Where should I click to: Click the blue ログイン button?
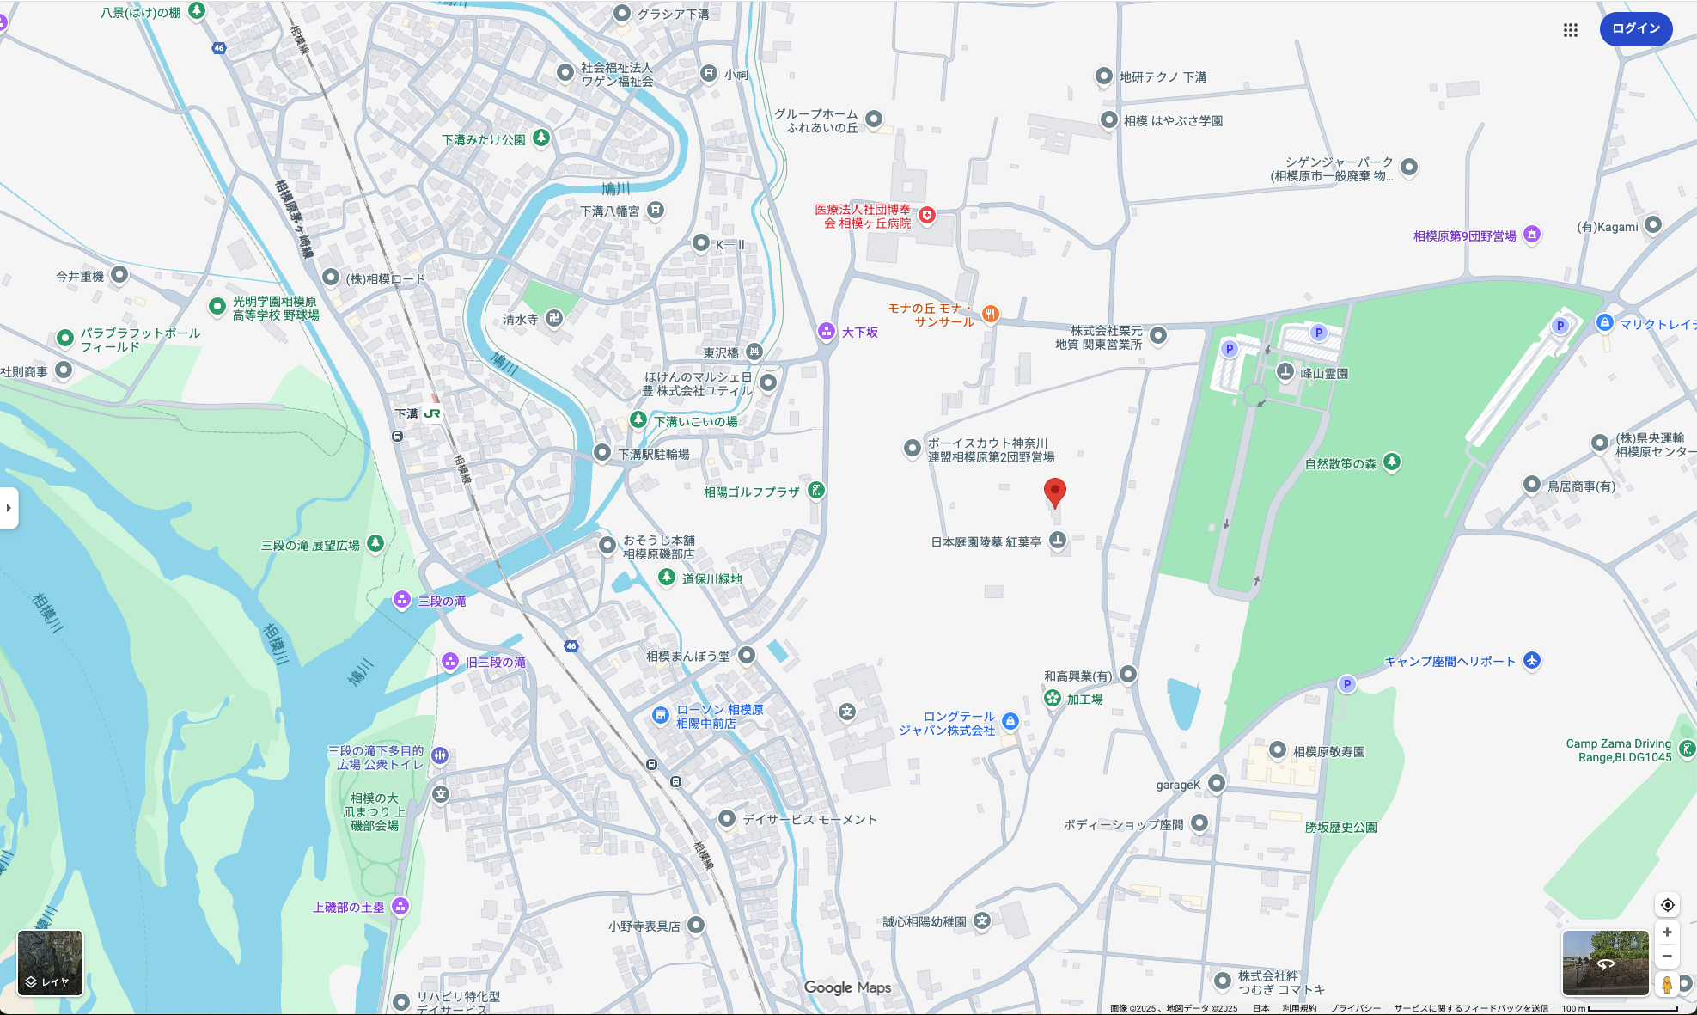pyautogui.click(x=1635, y=28)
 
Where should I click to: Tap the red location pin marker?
pyautogui.click(x=1054, y=492)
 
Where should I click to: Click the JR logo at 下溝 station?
pyautogui.click(x=432, y=413)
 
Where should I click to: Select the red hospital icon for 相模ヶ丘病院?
pyautogui.click(x=926, y=215)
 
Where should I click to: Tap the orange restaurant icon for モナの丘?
pyautogui.click(x=990, y=314)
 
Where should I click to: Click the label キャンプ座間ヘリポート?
pyautogui.click(x=1450, y=661)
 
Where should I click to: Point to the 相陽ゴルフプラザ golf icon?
pyautogui.click(x=816, y=491)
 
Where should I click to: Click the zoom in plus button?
pyautogui.click(x=1667, y=932)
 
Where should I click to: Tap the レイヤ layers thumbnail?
pyautogui.click(x=51, y=963)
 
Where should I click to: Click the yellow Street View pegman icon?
pyautogui.click(x=1667, y=984)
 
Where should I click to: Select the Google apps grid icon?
pyautogui.click(x=1570, y=30)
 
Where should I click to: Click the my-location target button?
pyautogui.click(x=1667, y=905)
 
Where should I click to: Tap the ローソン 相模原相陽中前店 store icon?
pyautogui.click(x=660, y=715)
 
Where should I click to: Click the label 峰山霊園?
pyautogui.click(x=1324, y=374)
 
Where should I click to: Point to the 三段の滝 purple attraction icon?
pyautogui.click(x=401, y=600)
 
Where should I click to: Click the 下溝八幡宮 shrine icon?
pyautogui.click(x=656, y=210)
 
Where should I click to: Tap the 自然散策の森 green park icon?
pyautogui.click(x=1392, y=462)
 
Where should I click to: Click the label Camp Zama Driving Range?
pyautogui.click(x=1618, y=750)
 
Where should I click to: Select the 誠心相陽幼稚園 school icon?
pyautogui.click(x=982, y=921)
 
